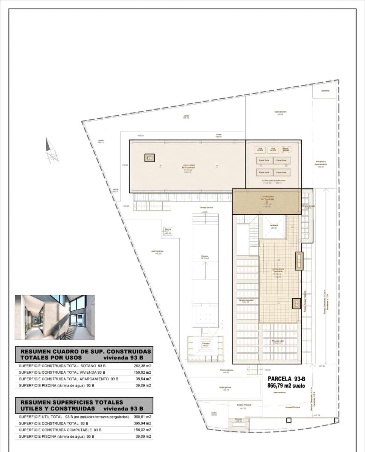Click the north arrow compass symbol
coord(52,150)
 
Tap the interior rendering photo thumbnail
coord(55,317)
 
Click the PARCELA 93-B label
coord(286,379)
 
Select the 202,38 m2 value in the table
coord(143,366)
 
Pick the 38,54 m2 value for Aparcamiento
coord(144,379)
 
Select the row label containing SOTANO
coord(63,366)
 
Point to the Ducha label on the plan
coord(168,229)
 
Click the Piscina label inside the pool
coord(205,257)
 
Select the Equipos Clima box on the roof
coord(286,150)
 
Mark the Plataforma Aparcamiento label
coord(320,163)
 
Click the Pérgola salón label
coord(278,341)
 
